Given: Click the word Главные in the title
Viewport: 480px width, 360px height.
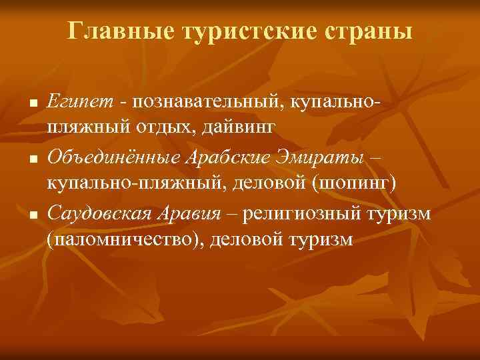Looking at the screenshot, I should coord(110,31).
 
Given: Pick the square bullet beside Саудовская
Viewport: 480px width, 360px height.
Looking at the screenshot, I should coord(32,217).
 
